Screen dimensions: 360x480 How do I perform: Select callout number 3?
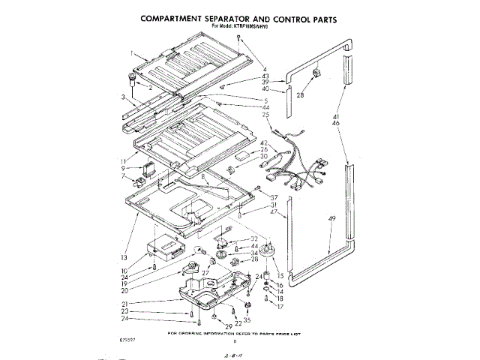122,96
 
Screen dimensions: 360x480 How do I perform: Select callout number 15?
281,266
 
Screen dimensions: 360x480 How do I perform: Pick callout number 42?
264,142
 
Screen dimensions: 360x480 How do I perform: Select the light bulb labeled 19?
198,251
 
